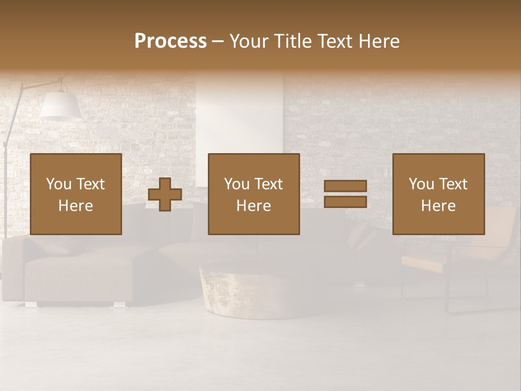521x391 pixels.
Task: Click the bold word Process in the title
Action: click(170, 41)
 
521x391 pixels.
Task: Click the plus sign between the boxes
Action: click(165, 194)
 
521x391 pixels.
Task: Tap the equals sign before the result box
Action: click(345, 194)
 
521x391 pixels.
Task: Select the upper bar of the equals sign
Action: click(345, 186)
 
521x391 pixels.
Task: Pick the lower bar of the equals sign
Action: click(345, 201)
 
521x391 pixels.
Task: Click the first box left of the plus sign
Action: click(75, 194)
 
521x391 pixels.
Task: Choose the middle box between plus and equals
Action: click(253, 194)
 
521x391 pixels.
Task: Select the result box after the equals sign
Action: click(438, 194)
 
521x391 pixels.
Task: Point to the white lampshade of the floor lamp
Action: click(60, 105)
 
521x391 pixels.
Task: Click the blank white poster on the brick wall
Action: click(239, 125)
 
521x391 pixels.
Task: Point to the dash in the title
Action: click(218, 42)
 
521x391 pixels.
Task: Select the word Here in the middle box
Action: click(253, 206)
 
